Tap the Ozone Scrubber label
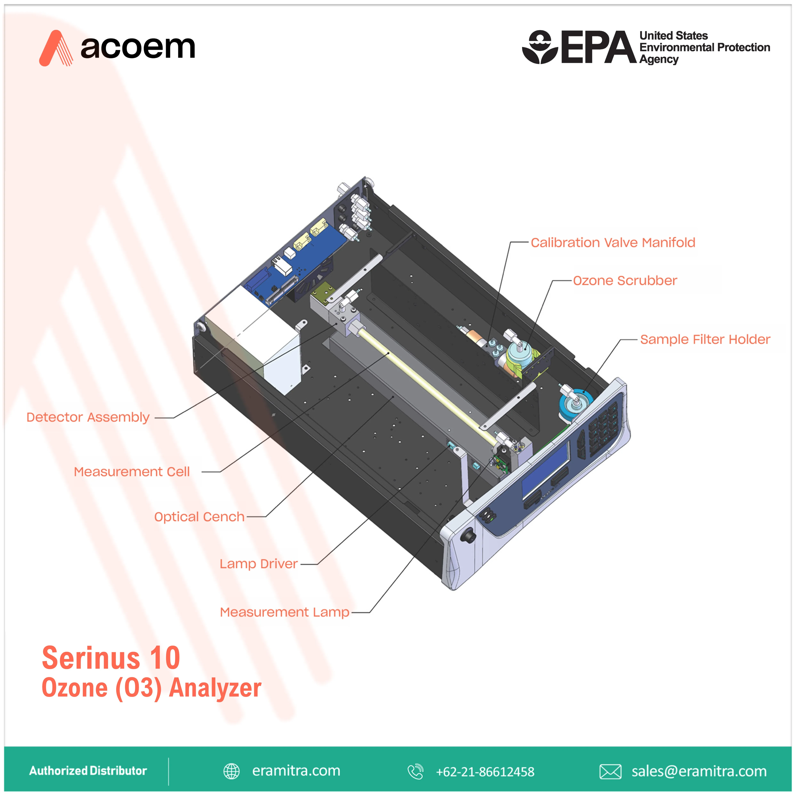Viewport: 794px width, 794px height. click(625, 281)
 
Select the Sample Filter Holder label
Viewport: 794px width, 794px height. click(705, 339)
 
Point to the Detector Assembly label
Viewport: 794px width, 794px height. click(88, 417)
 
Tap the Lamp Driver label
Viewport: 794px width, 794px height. click(258, 564)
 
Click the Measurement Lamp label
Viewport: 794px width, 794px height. click(284, 612)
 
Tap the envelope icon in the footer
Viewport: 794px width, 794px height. click(610, 771)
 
